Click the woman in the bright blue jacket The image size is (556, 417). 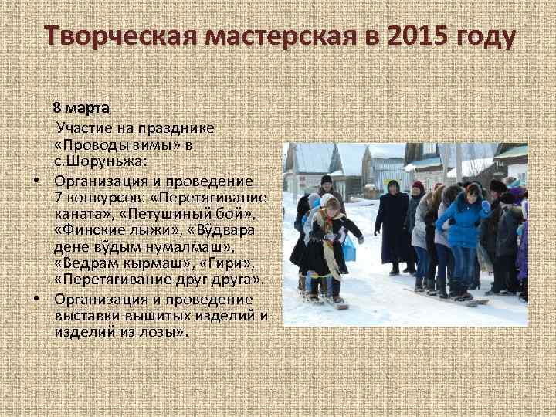463,224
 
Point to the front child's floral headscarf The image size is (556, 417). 331,232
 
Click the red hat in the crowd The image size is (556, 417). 418,187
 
